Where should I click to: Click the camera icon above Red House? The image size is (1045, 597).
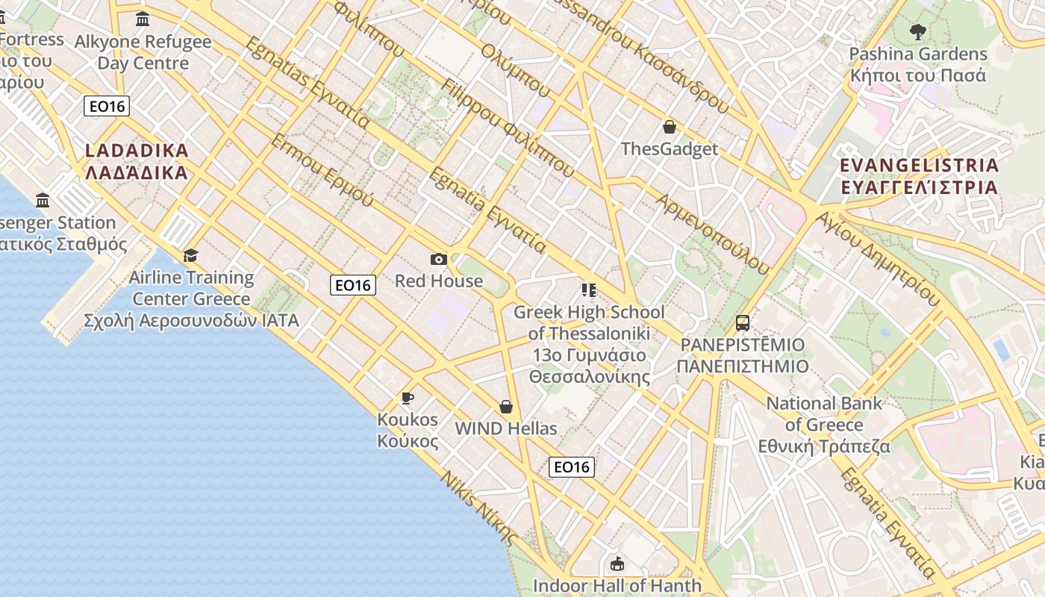tap(439, 259)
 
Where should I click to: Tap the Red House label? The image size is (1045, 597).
tap(439, 281)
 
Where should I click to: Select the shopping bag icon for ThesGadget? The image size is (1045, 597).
tap(670, 127)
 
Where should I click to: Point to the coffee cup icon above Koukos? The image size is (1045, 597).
tap(407, 398)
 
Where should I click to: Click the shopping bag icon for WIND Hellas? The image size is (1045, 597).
tap(506, 407)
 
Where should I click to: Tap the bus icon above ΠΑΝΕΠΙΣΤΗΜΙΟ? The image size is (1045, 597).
tap(743, 323)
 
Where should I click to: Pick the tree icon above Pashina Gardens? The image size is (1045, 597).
tap(918, 32)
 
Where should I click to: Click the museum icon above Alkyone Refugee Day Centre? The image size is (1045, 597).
tap(143, 19)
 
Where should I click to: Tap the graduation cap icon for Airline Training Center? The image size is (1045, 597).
tap(191, 256)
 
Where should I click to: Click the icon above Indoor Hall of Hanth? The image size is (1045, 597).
tap(617, 563)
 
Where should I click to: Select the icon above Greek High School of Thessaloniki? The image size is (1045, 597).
tap(589, 290)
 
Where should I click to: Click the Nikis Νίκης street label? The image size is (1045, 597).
tap(478, 507)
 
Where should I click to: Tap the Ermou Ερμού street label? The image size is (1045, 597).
tap(322, 170)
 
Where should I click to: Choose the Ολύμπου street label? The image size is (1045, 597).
tap(516, 70)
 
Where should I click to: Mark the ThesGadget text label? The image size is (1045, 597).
tap(670, 149)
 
